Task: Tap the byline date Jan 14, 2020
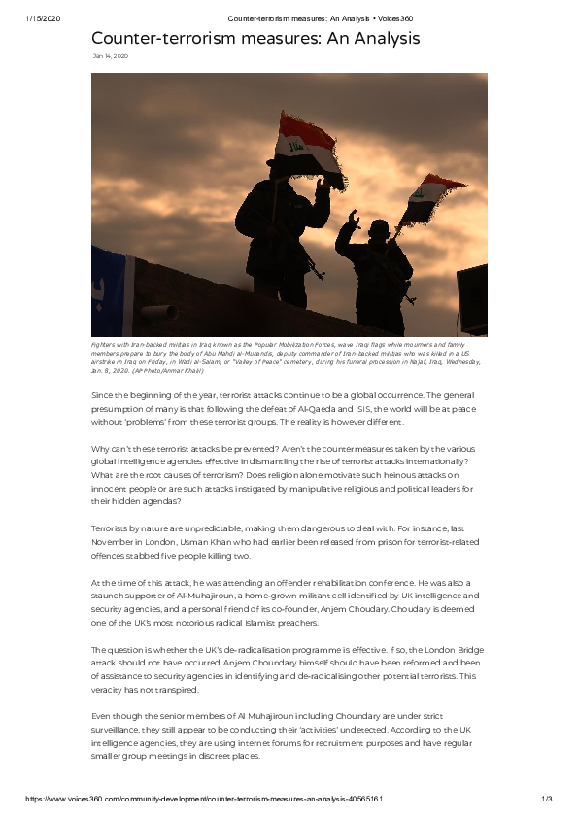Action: [110, 57]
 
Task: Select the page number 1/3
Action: [546, 798]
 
